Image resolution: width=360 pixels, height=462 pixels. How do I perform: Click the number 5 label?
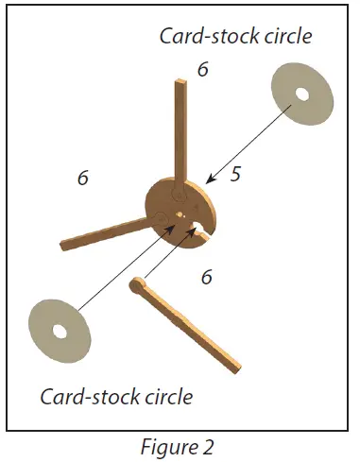235,174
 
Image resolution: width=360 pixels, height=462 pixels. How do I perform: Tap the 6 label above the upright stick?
201,69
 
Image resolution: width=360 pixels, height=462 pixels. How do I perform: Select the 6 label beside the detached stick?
206,277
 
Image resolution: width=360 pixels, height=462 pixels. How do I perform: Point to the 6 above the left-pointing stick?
83,177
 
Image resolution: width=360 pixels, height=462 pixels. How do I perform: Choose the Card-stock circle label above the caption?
116,395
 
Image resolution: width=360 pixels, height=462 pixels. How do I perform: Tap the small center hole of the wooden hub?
180,214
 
